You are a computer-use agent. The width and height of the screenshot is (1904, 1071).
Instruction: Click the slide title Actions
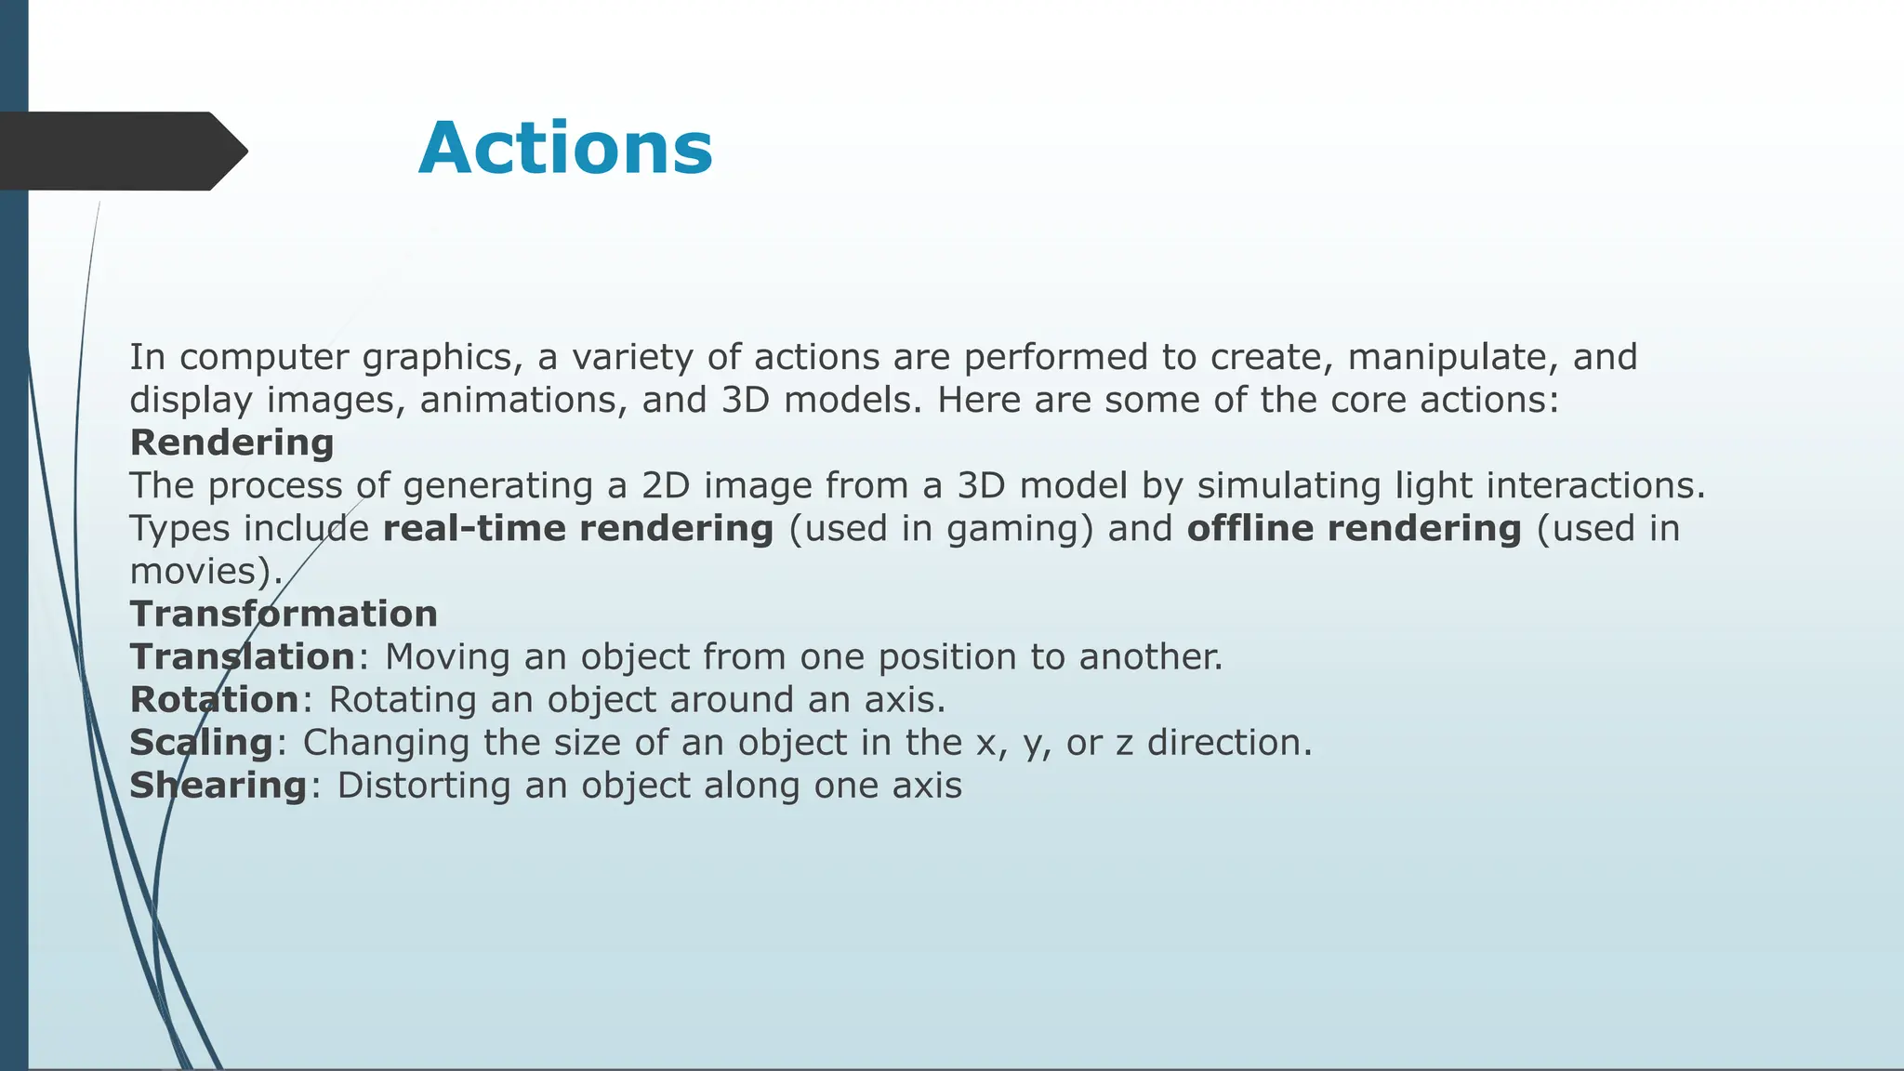(x=565, y=150)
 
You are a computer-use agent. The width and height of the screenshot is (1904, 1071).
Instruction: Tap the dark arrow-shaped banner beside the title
(x=121, y=151)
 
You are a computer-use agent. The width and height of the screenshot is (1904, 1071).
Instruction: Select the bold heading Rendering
(x=231, y=443)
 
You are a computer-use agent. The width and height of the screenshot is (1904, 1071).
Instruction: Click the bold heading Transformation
(x=284, y=614)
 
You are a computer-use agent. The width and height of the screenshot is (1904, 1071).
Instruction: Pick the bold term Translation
(x=242, y=656)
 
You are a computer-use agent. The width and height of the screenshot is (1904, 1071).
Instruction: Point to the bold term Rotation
(x=214, y=699)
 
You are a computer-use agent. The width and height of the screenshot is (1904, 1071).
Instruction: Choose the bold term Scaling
(x=201, y=743)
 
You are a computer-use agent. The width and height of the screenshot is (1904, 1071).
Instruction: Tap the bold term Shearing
(x=218, y=786)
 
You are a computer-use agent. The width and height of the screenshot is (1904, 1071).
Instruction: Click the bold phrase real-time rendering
(x=577, y=528)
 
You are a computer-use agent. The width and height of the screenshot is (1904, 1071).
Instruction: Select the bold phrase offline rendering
(x=1354, y=528)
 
